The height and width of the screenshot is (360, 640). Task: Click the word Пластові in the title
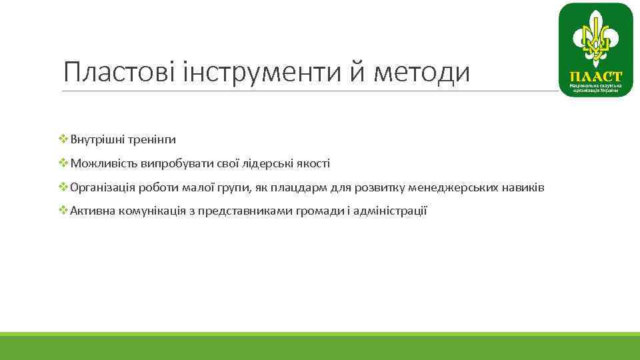pyautogui.click(x=118, y=72)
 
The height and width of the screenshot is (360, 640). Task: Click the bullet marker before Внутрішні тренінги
pyautogui.click(x=63, y=139)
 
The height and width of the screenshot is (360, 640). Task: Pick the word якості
pyautogui.click(x=309, y=164)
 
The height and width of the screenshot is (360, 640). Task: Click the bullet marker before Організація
pyautogui.click(x=63, y=187)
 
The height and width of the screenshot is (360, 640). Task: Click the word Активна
pyautogui.click(x=93, y=212)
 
